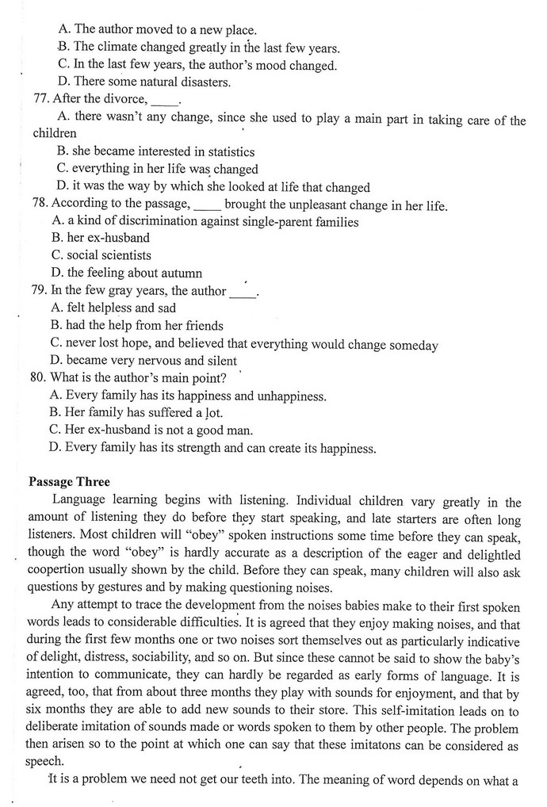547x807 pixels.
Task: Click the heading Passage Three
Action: (x=69, y=482)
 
